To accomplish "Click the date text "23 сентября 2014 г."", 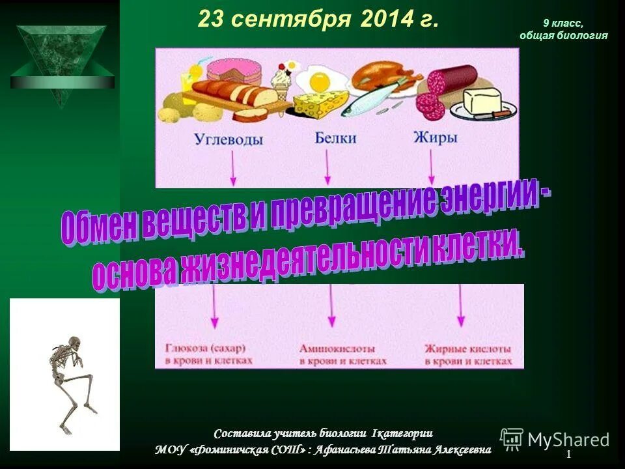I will point(318,20).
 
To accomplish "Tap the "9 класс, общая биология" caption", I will point(563,30).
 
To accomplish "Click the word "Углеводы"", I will point(229,139).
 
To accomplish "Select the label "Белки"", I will point(335,137).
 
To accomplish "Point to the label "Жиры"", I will point(435,137).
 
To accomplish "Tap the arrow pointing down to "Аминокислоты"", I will point(331,306).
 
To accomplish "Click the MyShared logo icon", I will point(512,439).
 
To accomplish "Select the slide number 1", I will point(568,454).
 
